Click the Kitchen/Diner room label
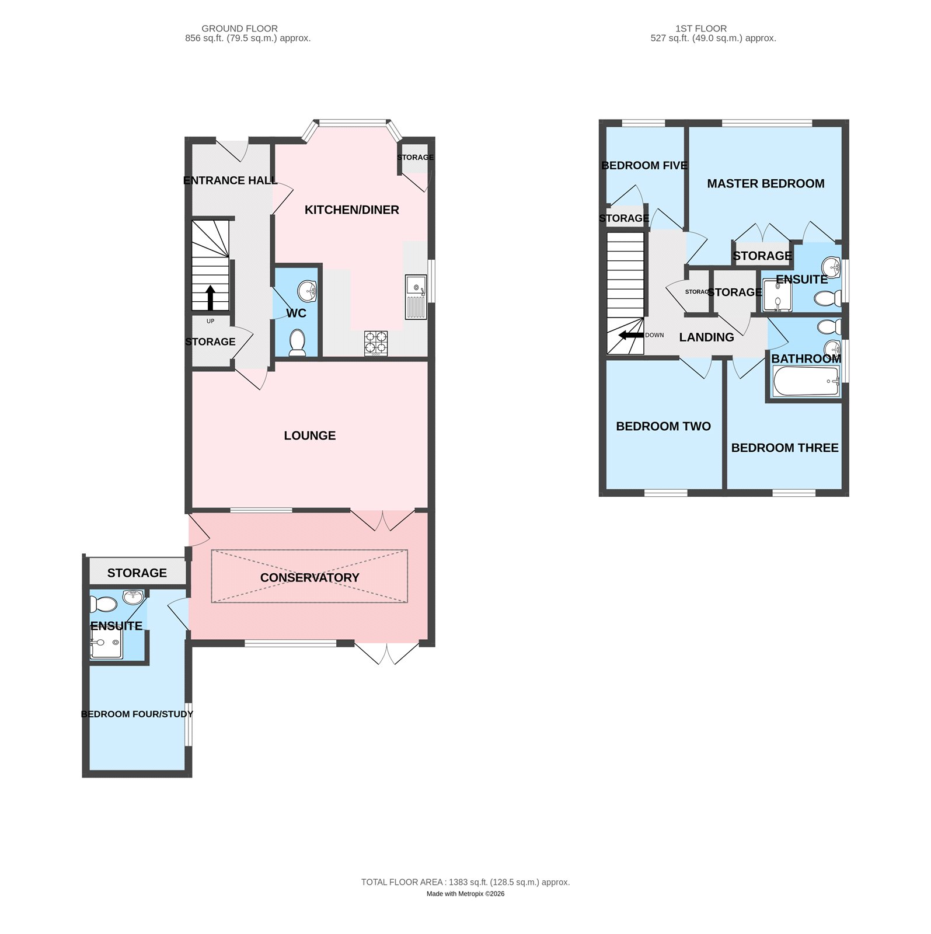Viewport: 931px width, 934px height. click(x=352, y=210)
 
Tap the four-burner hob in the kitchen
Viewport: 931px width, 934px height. click(x=376, y=343)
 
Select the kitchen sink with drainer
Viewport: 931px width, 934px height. click(x=416, y=297)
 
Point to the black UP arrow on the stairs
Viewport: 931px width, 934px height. click(x=210, y=297)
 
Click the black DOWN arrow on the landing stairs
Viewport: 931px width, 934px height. click(x=632, y=335)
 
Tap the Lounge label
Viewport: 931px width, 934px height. click(x=310, y=436)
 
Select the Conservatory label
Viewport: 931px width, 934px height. click(x=310, y=578)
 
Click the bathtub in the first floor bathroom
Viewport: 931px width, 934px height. click(x=806, y=381)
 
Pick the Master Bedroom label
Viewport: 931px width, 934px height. click(x=766, y=184)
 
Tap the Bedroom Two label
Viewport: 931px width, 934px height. click(x=664, y=427)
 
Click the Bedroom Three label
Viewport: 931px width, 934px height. click(x=785, y=448)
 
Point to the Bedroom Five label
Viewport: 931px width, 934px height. click(x=644, y=166)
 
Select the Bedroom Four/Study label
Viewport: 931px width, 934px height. click(x=137, y=715)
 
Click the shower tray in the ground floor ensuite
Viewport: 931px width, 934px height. click(x=106, y=643)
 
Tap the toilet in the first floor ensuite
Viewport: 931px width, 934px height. click(x=828, y=299)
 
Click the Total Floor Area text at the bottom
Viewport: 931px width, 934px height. click(x=466, y=882)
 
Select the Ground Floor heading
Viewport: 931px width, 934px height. click(x=240, y=29)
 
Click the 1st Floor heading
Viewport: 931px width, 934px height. click(x=701, y=29)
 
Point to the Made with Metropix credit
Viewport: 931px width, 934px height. click(x=466, y=894)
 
